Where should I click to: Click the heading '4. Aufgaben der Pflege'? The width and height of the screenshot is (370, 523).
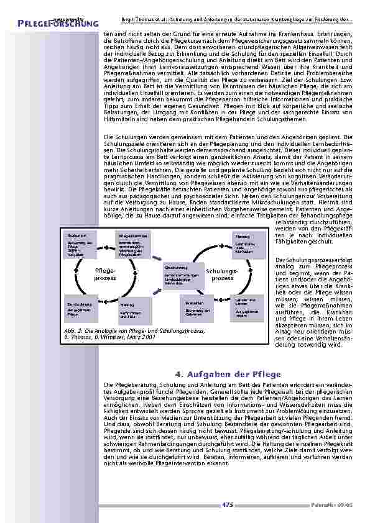228,374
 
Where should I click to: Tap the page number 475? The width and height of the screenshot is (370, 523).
228,505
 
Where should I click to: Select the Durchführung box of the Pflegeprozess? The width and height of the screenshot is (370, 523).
80,308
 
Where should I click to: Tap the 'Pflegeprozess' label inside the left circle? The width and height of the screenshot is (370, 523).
105,275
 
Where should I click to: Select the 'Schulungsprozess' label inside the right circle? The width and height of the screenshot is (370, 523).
222,275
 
